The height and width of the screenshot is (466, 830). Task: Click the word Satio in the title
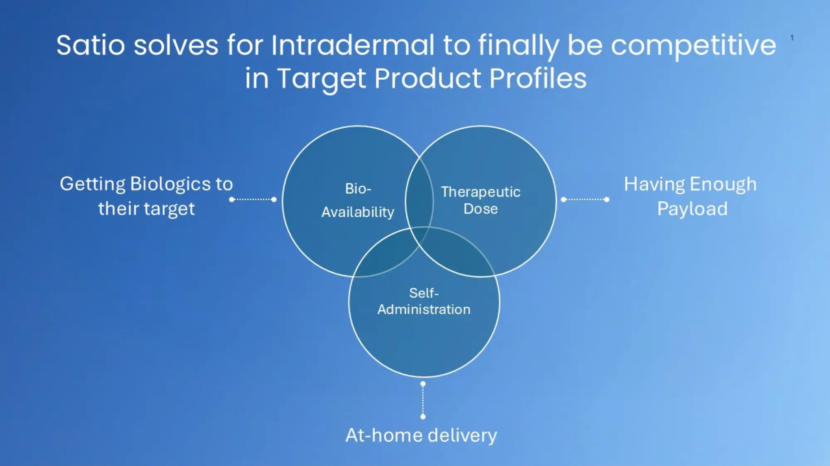(90, 45)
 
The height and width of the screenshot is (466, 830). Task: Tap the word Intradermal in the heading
(353, 45)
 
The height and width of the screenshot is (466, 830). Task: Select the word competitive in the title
(693, 46)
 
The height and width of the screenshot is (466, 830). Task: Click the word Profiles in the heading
(538, 78)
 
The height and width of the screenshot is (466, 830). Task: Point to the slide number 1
(792, 38)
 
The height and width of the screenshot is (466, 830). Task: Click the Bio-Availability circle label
(358, 200)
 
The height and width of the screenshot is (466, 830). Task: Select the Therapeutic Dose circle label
(481, 200)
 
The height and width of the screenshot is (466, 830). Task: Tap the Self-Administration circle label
(424, 301)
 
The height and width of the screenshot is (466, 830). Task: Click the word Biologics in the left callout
(170, 184)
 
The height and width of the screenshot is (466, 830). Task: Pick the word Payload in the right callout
(692, 209)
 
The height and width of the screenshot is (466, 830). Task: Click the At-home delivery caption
(421, 436)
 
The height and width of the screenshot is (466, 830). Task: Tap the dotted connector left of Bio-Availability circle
(253, 199)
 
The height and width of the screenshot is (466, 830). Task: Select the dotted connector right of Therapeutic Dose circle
(585, 199)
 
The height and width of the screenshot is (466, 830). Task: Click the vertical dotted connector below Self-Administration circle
(423, 400)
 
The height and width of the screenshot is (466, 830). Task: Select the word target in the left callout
(169, 209)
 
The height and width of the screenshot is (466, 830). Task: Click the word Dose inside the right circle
(481, 209)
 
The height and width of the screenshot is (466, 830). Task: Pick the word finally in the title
(519, 46)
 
